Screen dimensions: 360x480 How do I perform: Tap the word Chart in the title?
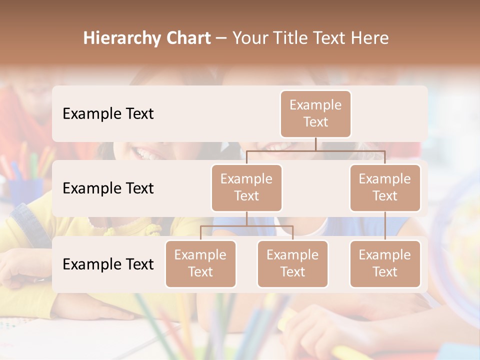click(186, 38)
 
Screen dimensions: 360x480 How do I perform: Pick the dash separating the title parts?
click(221, 39)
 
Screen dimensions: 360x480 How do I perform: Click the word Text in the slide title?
click(332, 38)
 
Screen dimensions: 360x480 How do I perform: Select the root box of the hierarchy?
click(315, 113)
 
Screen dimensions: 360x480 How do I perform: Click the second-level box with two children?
click(246, 187)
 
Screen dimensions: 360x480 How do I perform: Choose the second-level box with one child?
click(385, 187)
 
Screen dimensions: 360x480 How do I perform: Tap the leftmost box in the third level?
click(200, 263)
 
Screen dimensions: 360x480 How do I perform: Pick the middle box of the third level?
click(292, 263)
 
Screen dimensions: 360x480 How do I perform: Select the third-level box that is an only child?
click(385, 263)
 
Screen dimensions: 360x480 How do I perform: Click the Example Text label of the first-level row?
click(108, 113)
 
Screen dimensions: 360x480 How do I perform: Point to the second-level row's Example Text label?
click(108, 188)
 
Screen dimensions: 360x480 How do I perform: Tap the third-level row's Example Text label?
click(108, 264)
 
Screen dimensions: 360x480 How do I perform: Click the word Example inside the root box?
click(315, 105)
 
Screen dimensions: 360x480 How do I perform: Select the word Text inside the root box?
click(315, 122)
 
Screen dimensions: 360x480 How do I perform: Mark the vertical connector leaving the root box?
click(315, 144)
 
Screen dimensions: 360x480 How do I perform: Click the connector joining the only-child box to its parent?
click(385, 225)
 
